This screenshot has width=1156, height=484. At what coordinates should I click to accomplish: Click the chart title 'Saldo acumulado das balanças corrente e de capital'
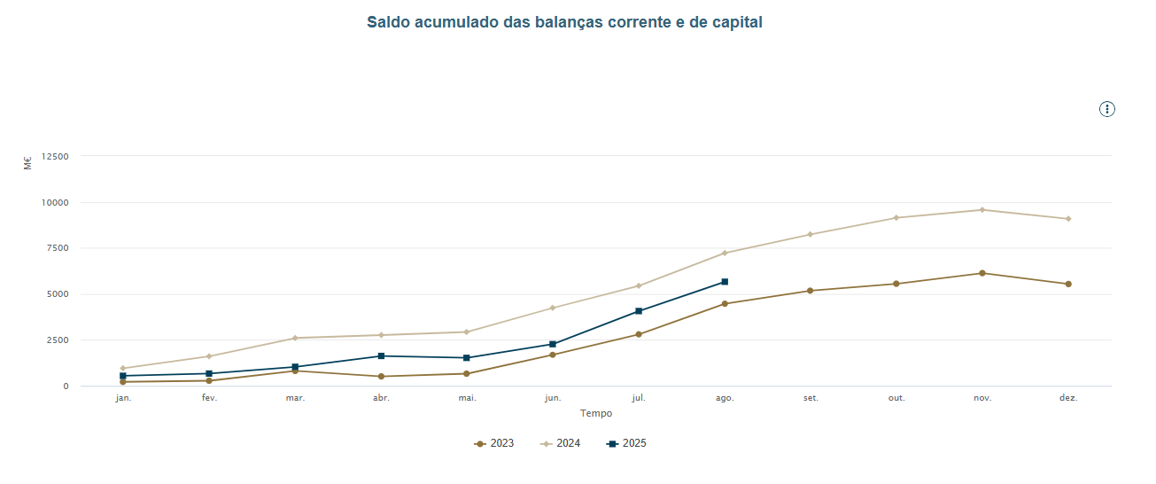[x=564, y=22]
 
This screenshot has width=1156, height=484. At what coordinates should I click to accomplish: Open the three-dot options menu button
[x=1107, y=109]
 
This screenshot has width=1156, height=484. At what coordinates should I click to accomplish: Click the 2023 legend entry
[x=494, y=443]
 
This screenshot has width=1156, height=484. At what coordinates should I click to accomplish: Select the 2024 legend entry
[x=561, y=443]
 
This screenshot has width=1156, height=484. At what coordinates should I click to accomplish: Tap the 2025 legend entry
[x=627, y=443]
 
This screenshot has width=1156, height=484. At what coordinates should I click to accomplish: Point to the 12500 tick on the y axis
[x=55, y=157]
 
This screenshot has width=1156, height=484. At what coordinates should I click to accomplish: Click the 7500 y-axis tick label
[x=58, y=248]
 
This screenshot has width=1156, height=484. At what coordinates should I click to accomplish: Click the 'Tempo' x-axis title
[x=595, y=413]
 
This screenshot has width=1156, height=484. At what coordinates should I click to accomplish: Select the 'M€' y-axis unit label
[x=27, y=162]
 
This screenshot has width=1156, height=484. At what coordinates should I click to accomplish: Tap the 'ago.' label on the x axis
[x=725, y=398]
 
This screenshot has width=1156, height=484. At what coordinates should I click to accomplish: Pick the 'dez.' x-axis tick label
[x=1068, y=398]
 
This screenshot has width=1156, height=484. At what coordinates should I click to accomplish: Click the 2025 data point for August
[x=725, y=282]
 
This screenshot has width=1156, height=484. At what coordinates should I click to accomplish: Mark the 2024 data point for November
[x=982, y=210]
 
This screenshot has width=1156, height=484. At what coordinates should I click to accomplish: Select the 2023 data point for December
[x=1068, y=284]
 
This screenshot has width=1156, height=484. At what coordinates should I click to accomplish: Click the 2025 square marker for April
[x=381, y=356]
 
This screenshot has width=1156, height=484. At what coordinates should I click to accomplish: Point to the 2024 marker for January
[x=123, y=368]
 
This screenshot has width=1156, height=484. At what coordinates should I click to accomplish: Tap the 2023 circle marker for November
[x=982, y=273]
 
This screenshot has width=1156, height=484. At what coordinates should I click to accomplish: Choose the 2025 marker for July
[x=639, y=311]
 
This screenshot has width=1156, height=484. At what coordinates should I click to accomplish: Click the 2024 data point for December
[x=1068, y=219]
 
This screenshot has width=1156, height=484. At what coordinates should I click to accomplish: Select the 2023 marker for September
[x=811, y=291]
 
